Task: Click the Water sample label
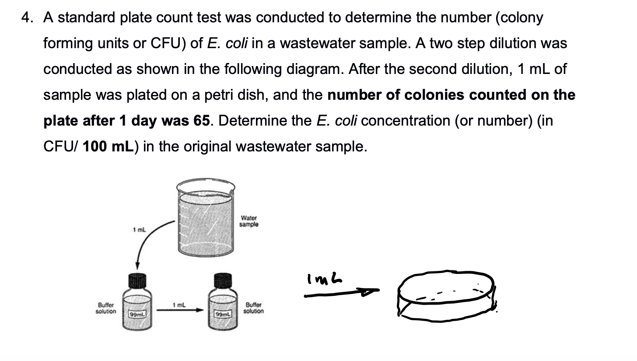(x=248, y=221)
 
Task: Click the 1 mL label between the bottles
(x=180, y=305)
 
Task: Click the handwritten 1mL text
(x=325, y=278)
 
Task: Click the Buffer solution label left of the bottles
(x=106, y=308)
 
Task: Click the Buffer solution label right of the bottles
(x=254, y=308)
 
